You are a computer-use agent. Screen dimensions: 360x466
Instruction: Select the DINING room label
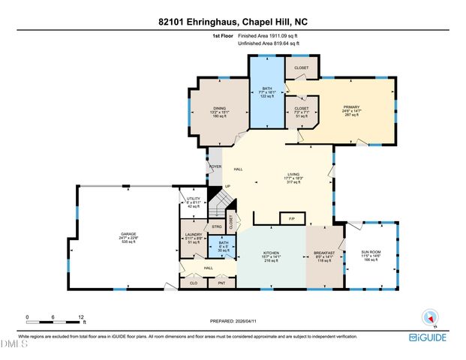coord(219,107)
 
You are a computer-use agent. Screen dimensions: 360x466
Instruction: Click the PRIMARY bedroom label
coord(353,107)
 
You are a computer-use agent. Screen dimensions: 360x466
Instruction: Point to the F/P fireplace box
coord(291,217)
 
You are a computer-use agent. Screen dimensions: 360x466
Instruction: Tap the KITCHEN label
coord(270,253)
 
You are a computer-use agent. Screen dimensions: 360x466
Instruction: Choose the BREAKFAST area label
coord(324,253)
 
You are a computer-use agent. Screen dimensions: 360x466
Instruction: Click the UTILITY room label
coord(192,199)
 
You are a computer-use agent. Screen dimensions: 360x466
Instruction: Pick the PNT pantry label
coord(221,283)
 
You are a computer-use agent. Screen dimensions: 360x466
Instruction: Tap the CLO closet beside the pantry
coord(192,283)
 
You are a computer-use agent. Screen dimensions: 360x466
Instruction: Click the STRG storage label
coord(216,225)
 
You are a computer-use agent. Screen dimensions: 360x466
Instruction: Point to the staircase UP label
coord(227,187)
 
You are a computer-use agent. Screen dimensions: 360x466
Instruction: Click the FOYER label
coord(215,166)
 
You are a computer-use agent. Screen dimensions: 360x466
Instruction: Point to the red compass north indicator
coord(431,316)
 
